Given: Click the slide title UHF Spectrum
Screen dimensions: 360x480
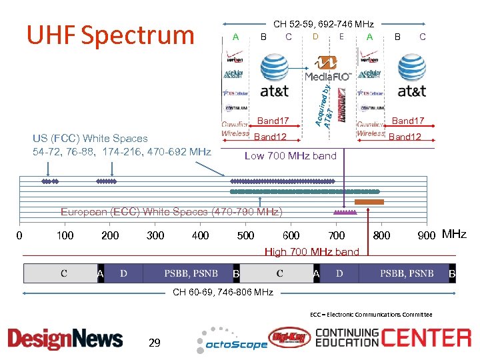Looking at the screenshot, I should (x=110, y=35).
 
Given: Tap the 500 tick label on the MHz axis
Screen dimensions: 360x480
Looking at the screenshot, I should (x=245, y=235).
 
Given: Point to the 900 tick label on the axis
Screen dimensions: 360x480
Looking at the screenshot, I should (x=427, y=235).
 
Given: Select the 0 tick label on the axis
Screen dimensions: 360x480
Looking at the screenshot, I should (x=19, y=235).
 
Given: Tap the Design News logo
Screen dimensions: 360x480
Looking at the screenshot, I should (x=65, y=339).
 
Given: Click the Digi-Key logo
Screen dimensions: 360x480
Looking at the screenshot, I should (x=289, y=338).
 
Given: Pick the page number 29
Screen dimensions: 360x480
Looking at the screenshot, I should (x=155, y=343).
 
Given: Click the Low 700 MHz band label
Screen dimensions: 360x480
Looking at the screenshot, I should (x=290, y=156).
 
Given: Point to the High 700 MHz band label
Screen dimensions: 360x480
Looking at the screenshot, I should (x=311, y=252).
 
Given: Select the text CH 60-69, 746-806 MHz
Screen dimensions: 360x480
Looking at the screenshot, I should (x=223, y=292).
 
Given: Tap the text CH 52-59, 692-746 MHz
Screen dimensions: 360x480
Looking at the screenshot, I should (x=323, y=24).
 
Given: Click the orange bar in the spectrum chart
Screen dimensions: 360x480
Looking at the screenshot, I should (x=369, y=201).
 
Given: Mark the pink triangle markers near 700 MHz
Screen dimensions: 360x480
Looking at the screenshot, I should (x=345, y=212).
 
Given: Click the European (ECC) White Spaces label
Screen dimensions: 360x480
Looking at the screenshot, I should (x=171, y=212).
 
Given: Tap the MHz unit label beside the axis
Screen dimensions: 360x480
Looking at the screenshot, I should (x=455, y=235).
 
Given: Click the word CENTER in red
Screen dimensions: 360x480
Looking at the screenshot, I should (x=426, y=337).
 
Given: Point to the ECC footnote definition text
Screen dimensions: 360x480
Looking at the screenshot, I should (x=371, y=315).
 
